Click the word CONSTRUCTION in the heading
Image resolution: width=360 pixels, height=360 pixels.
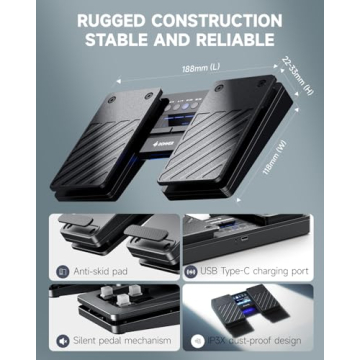(x=215, y=18)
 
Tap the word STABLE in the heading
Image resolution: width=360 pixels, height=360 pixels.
(x=127, y=40)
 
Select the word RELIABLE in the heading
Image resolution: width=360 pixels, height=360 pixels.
(x=234, y=40)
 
